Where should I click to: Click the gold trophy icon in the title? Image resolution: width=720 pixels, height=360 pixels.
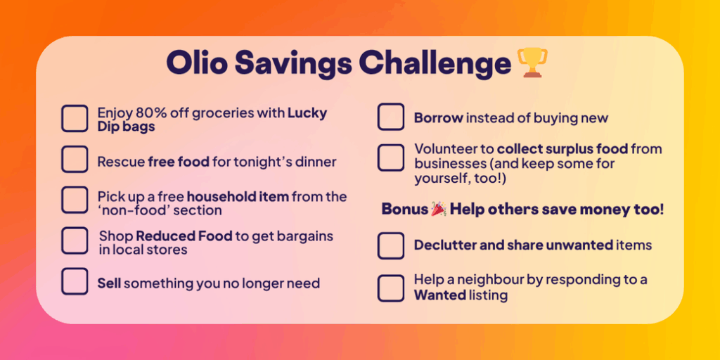[532, 63]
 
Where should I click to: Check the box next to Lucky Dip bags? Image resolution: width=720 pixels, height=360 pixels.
[75, 118]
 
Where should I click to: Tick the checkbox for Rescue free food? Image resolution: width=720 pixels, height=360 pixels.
[75, 160]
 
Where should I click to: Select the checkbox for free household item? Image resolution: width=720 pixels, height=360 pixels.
[75, 200]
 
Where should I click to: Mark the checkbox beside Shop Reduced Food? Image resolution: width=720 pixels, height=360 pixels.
[75, 240]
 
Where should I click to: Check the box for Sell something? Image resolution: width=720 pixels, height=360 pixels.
[75, 281]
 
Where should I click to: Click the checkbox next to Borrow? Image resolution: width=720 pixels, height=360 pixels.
[391, 117]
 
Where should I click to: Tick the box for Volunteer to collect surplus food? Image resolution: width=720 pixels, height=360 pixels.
[391, 157]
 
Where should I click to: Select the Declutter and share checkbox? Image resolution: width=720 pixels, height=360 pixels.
[391, 245]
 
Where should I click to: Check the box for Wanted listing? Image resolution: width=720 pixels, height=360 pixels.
[391, 288]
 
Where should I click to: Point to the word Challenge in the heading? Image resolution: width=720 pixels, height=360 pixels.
[435, 64]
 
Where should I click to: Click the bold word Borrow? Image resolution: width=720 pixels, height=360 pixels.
[439, 118]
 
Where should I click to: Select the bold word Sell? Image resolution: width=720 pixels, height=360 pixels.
[109, 283]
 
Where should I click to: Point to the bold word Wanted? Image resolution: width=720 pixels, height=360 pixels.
[440, 295]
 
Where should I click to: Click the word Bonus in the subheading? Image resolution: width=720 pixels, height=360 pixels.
[405, 210]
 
